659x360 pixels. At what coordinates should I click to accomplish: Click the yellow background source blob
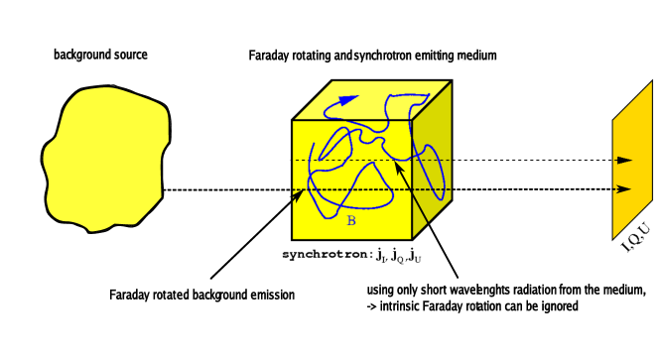point(99,159)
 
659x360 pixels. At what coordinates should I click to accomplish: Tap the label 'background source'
point(100,55)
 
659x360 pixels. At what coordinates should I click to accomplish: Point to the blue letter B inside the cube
point(350,220)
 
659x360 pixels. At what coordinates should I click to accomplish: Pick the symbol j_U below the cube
point(415,256)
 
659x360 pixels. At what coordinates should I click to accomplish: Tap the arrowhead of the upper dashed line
point(625,159)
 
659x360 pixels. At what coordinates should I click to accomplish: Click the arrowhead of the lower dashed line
point(625,188)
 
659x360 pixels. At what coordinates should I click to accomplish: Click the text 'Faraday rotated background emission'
point(201,295)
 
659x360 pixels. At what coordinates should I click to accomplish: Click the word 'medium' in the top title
point(475,56)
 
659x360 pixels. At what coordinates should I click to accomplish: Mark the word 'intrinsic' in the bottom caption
point(404,307)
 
